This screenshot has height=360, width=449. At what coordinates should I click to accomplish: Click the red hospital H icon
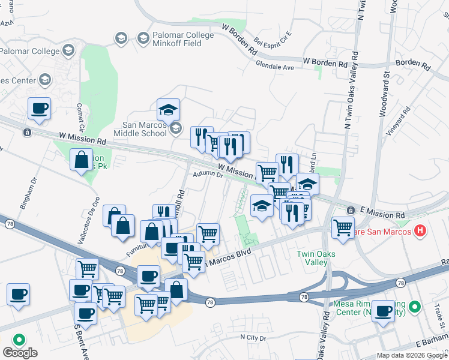pyautogui.click(x=420, y=230)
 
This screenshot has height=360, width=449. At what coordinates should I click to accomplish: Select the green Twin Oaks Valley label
pyautogui.click(x=312, y=258)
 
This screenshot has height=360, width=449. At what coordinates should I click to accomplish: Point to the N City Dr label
pyautogui.click(x=253, y=338)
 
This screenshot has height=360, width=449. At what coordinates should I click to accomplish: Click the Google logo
pyautogui.click(x=19, y=353)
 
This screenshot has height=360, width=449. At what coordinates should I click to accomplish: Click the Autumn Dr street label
pyautogui.click(x=208, y=175)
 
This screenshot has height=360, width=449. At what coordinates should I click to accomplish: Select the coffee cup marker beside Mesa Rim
pyautogui.click(x=383, y=311)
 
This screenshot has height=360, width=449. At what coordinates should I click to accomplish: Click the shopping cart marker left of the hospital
pyautogui.click(x=343, y=228)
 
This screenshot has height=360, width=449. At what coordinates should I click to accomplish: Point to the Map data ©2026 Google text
pyautogui.click(x=411, y=355)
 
